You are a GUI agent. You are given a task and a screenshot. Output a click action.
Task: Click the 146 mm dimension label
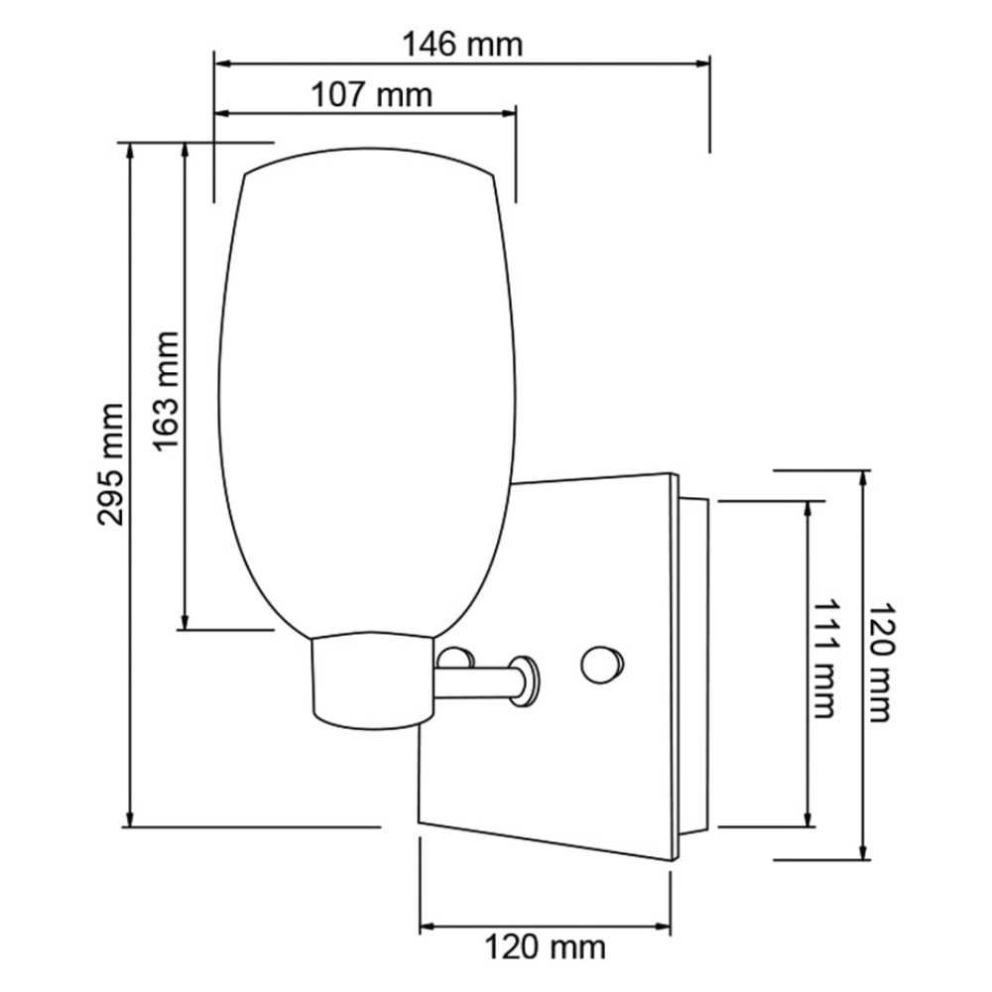tap(461, 45)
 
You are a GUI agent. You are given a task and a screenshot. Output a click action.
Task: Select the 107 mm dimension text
tap(372, 95)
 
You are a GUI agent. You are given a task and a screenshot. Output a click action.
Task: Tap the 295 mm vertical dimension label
tap(111, 463)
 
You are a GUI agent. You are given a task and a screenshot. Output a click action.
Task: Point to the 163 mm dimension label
tap(167, 390)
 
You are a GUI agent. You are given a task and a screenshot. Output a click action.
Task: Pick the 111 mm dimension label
tap(826, 658)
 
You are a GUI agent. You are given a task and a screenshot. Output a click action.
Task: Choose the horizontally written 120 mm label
tap(545, 947)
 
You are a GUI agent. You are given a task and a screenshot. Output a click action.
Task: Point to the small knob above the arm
tap(455, 658)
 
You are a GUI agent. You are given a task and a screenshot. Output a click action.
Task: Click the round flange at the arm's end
tap(527, 681)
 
